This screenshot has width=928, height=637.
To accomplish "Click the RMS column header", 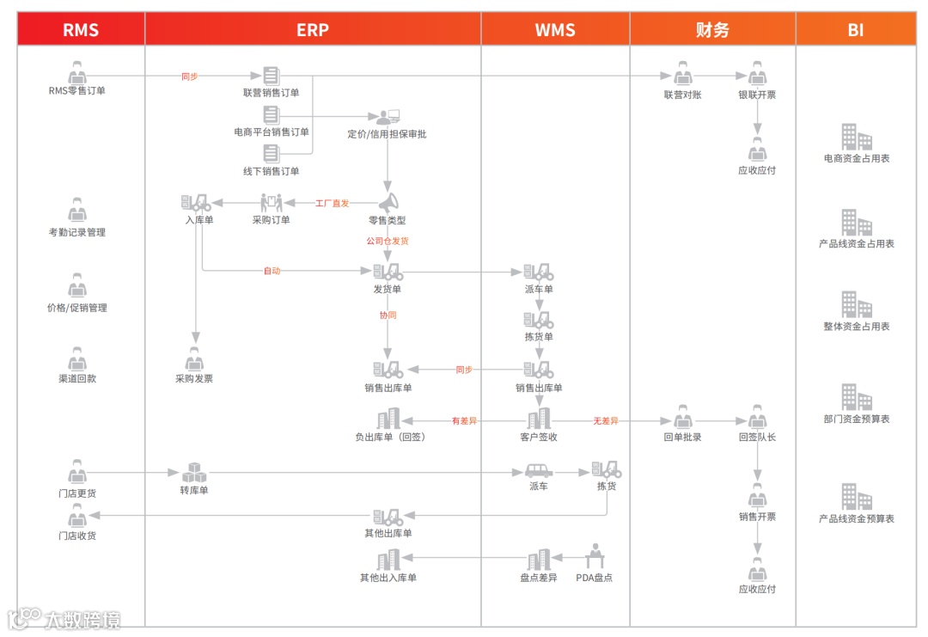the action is [81, 29].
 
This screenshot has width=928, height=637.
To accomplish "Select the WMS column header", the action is [555, 29].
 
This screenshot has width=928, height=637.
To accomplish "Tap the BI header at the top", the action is [855, 29].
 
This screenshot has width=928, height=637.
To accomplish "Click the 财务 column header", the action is [712, 29].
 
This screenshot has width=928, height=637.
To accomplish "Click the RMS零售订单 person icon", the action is [77, 73].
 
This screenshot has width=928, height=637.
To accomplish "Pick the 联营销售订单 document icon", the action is [272, 76].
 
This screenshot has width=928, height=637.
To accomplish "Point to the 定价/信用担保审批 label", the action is [387, 133].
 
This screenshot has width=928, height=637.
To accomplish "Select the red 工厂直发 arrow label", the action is [332, 204].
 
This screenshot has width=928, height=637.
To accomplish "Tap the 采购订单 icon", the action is [272, 203].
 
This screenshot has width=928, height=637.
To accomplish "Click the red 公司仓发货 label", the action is [388, 242].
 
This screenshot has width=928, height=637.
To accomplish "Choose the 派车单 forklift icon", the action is [539, 273].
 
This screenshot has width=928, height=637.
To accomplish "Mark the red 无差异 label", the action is [605, 421].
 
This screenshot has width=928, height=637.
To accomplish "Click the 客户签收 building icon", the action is [539, 420].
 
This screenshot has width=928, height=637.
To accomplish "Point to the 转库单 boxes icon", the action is [194, 473].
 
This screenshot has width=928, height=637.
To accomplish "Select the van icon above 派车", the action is [539, 471].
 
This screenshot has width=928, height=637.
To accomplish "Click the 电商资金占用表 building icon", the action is [856, 138].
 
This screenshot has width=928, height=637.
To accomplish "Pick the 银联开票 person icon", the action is [757, 73].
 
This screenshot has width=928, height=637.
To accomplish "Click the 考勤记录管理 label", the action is [77, 232].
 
